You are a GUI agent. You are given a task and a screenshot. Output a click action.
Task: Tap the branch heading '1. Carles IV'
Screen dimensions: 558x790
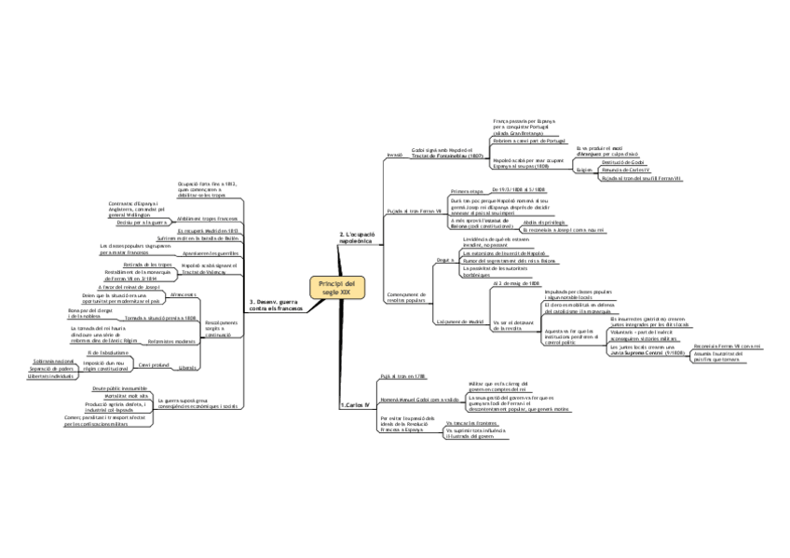(354, 405)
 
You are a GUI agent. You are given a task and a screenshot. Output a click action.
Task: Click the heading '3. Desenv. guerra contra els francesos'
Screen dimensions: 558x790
(277, 305)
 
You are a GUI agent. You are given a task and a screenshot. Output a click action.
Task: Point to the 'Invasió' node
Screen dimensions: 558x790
(393, 154)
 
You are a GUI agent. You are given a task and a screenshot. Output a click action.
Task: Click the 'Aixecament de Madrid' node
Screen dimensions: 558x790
(456, 321)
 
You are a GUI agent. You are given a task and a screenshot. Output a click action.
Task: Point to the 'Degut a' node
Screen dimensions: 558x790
(443, 260)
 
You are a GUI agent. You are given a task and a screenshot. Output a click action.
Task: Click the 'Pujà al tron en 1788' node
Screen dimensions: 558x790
(402, 375)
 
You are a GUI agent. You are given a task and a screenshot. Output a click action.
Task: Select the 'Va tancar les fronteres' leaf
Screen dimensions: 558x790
(466, 423)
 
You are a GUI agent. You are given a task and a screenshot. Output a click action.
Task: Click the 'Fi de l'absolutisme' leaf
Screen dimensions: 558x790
(107, 352)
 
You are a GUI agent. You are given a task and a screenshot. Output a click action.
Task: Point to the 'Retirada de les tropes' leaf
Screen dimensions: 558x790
(145, 265)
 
